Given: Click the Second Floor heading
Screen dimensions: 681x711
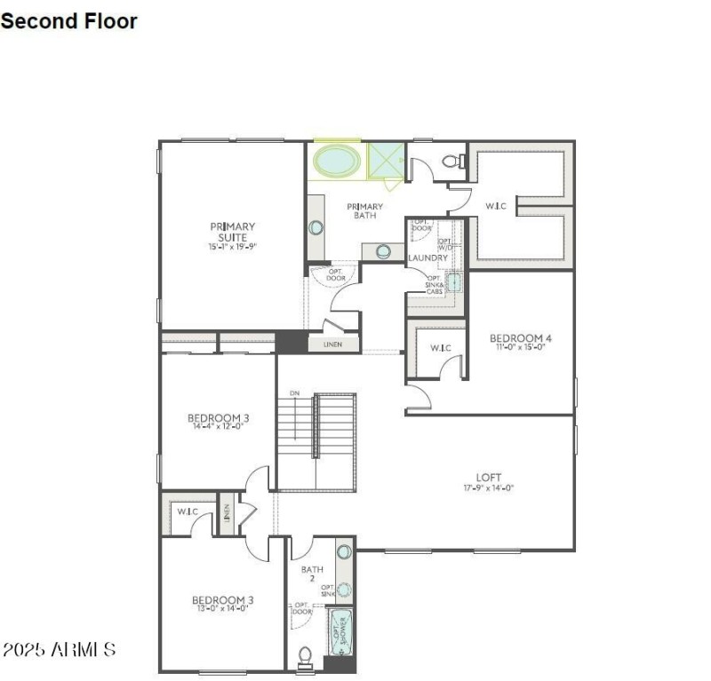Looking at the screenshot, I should [x=69, y=20].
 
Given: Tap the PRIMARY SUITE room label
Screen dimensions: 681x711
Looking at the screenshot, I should [x=232, y=232].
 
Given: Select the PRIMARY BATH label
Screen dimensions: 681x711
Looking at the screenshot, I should [x=364, y=210].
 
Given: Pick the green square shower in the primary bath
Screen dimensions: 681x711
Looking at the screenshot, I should [x=386, y=162].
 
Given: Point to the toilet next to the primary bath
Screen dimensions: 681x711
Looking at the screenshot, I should [x=453, y=162].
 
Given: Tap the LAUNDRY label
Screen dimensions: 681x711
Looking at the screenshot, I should [x=427, y=258].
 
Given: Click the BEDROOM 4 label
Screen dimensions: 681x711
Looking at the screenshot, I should [x=521, y=338].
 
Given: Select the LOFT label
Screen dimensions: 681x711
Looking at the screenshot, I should [x=489, y=477].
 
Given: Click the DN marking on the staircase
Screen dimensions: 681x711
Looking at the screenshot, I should [x=294, y=393].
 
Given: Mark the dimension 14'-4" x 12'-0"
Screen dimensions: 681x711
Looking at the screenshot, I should [x=218, y=426].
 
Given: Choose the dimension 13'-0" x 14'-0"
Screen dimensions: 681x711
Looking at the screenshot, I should [x=221, y=609].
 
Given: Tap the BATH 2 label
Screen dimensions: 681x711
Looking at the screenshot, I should [x=312, y=574].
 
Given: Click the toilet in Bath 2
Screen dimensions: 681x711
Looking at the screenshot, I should [x=305, y=655].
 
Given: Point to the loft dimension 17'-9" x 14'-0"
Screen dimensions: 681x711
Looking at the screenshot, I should [x=489, y=487].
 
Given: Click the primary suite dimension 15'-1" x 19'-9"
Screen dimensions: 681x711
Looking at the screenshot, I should [x=232, y=246].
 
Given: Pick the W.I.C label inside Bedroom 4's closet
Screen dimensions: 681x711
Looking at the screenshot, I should [x=441, y=347].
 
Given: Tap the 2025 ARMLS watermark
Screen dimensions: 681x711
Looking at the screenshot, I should [x=59, y=650].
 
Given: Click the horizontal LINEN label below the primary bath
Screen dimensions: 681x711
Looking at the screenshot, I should [x=333, y=344].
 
